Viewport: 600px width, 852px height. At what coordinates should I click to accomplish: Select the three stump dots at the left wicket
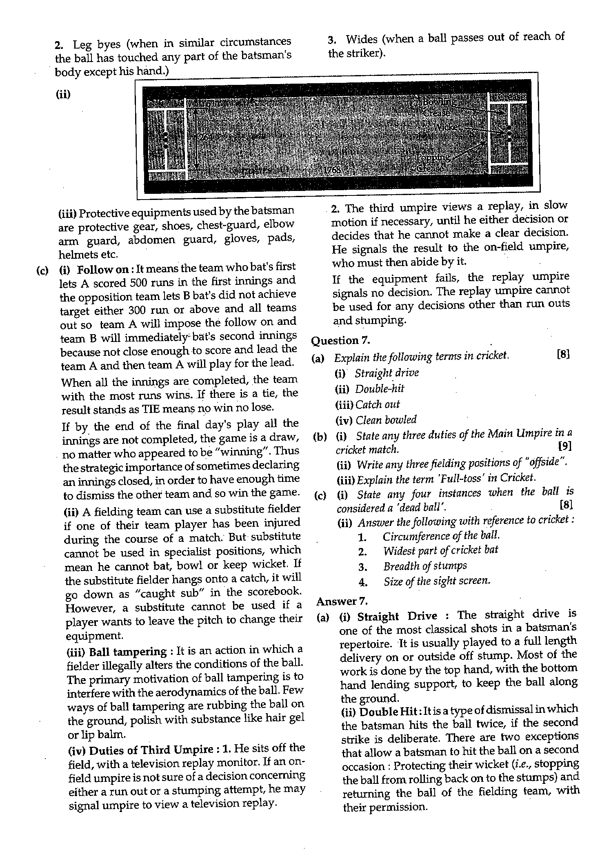[x=165, y=140]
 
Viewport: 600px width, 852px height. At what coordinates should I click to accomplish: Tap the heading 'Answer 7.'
[x=342, y=601]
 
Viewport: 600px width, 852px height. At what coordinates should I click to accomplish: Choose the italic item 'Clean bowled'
[x=386, y=420]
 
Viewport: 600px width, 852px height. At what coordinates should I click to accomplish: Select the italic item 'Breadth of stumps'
[x=424, y=566]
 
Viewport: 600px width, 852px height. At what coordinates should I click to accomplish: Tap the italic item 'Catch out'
[x=377, y=404]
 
